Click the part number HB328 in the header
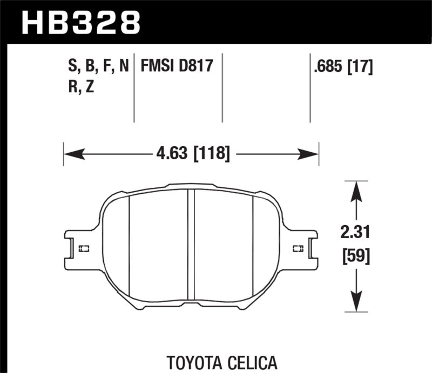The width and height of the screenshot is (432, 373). coord(81,22)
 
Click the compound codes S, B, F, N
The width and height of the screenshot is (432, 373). coord(95,67)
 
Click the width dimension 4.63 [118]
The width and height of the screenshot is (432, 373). coord(192,155)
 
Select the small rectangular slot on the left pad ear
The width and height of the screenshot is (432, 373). coord(84,248)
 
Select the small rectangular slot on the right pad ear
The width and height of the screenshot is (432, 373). coord(297,248)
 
